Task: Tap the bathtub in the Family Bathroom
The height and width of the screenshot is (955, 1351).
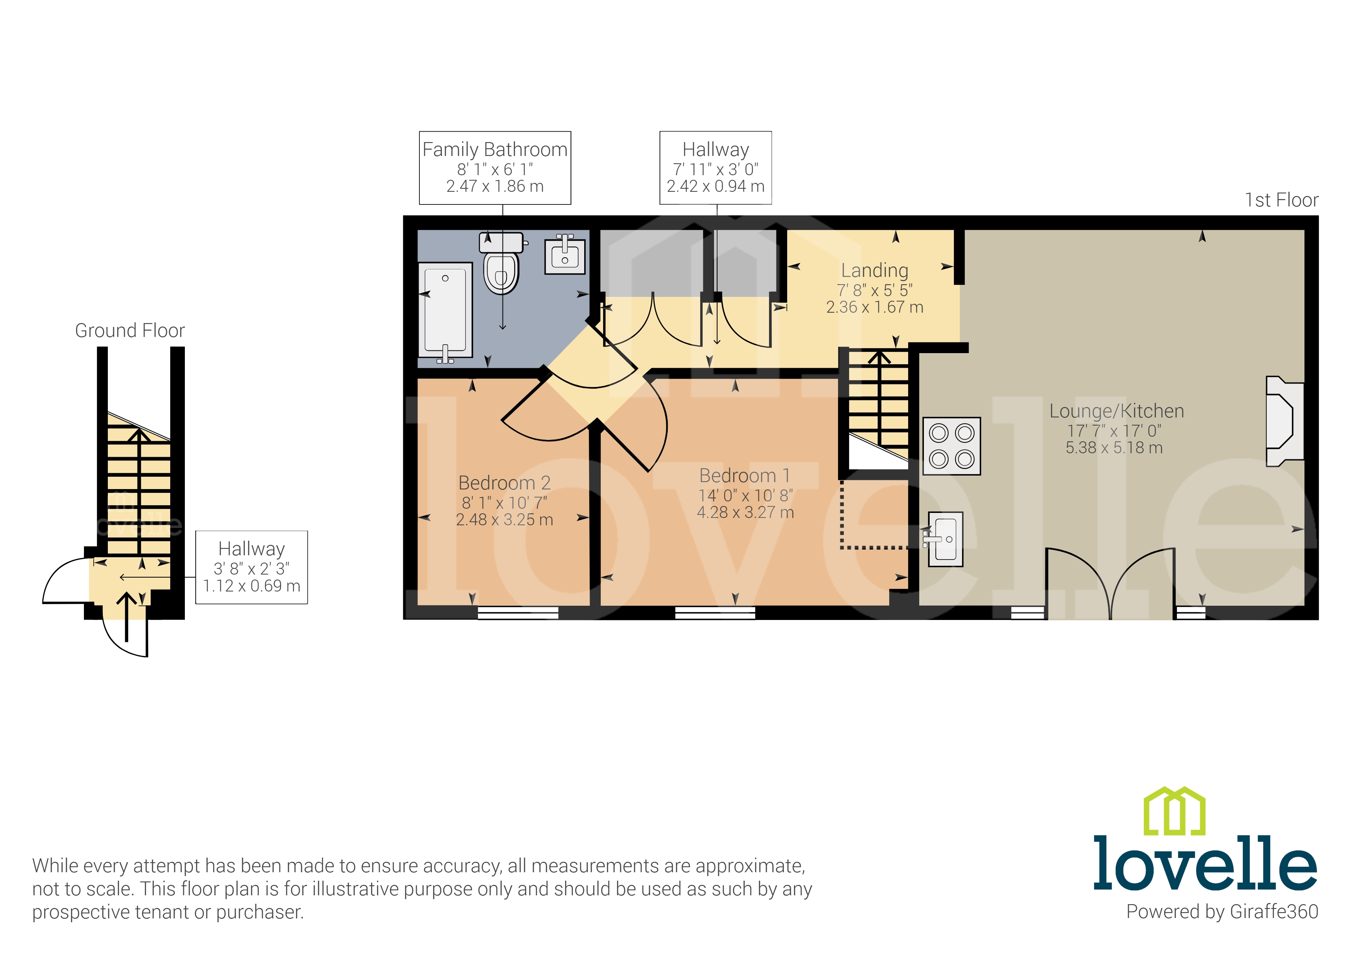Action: (x=446, y=310)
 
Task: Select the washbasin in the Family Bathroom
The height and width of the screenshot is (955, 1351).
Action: (x=565, y=256)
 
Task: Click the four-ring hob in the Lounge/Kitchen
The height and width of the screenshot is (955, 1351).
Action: (x=952, y=446)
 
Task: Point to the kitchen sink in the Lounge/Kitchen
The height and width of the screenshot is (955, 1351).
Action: (x=945, y=539)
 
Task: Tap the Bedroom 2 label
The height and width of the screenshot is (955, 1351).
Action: (x=504, y=483)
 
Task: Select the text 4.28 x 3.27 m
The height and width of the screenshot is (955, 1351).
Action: (x=745, y=513)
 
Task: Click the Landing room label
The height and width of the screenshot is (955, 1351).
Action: (x=874, y=271)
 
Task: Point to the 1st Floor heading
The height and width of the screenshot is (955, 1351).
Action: (x=1281, y=200)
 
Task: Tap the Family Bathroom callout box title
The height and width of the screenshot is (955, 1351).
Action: (x=495, y=149)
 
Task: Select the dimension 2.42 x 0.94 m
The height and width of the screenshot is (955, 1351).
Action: (x=716, y=186)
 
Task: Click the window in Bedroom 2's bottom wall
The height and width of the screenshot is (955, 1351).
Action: (x=518, y=613)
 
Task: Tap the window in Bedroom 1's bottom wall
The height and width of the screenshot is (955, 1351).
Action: (x=715, y=613)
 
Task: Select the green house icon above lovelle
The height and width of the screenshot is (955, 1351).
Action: (x=1174, y=811)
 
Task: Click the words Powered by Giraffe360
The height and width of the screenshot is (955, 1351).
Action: (x=1222, y=911)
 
